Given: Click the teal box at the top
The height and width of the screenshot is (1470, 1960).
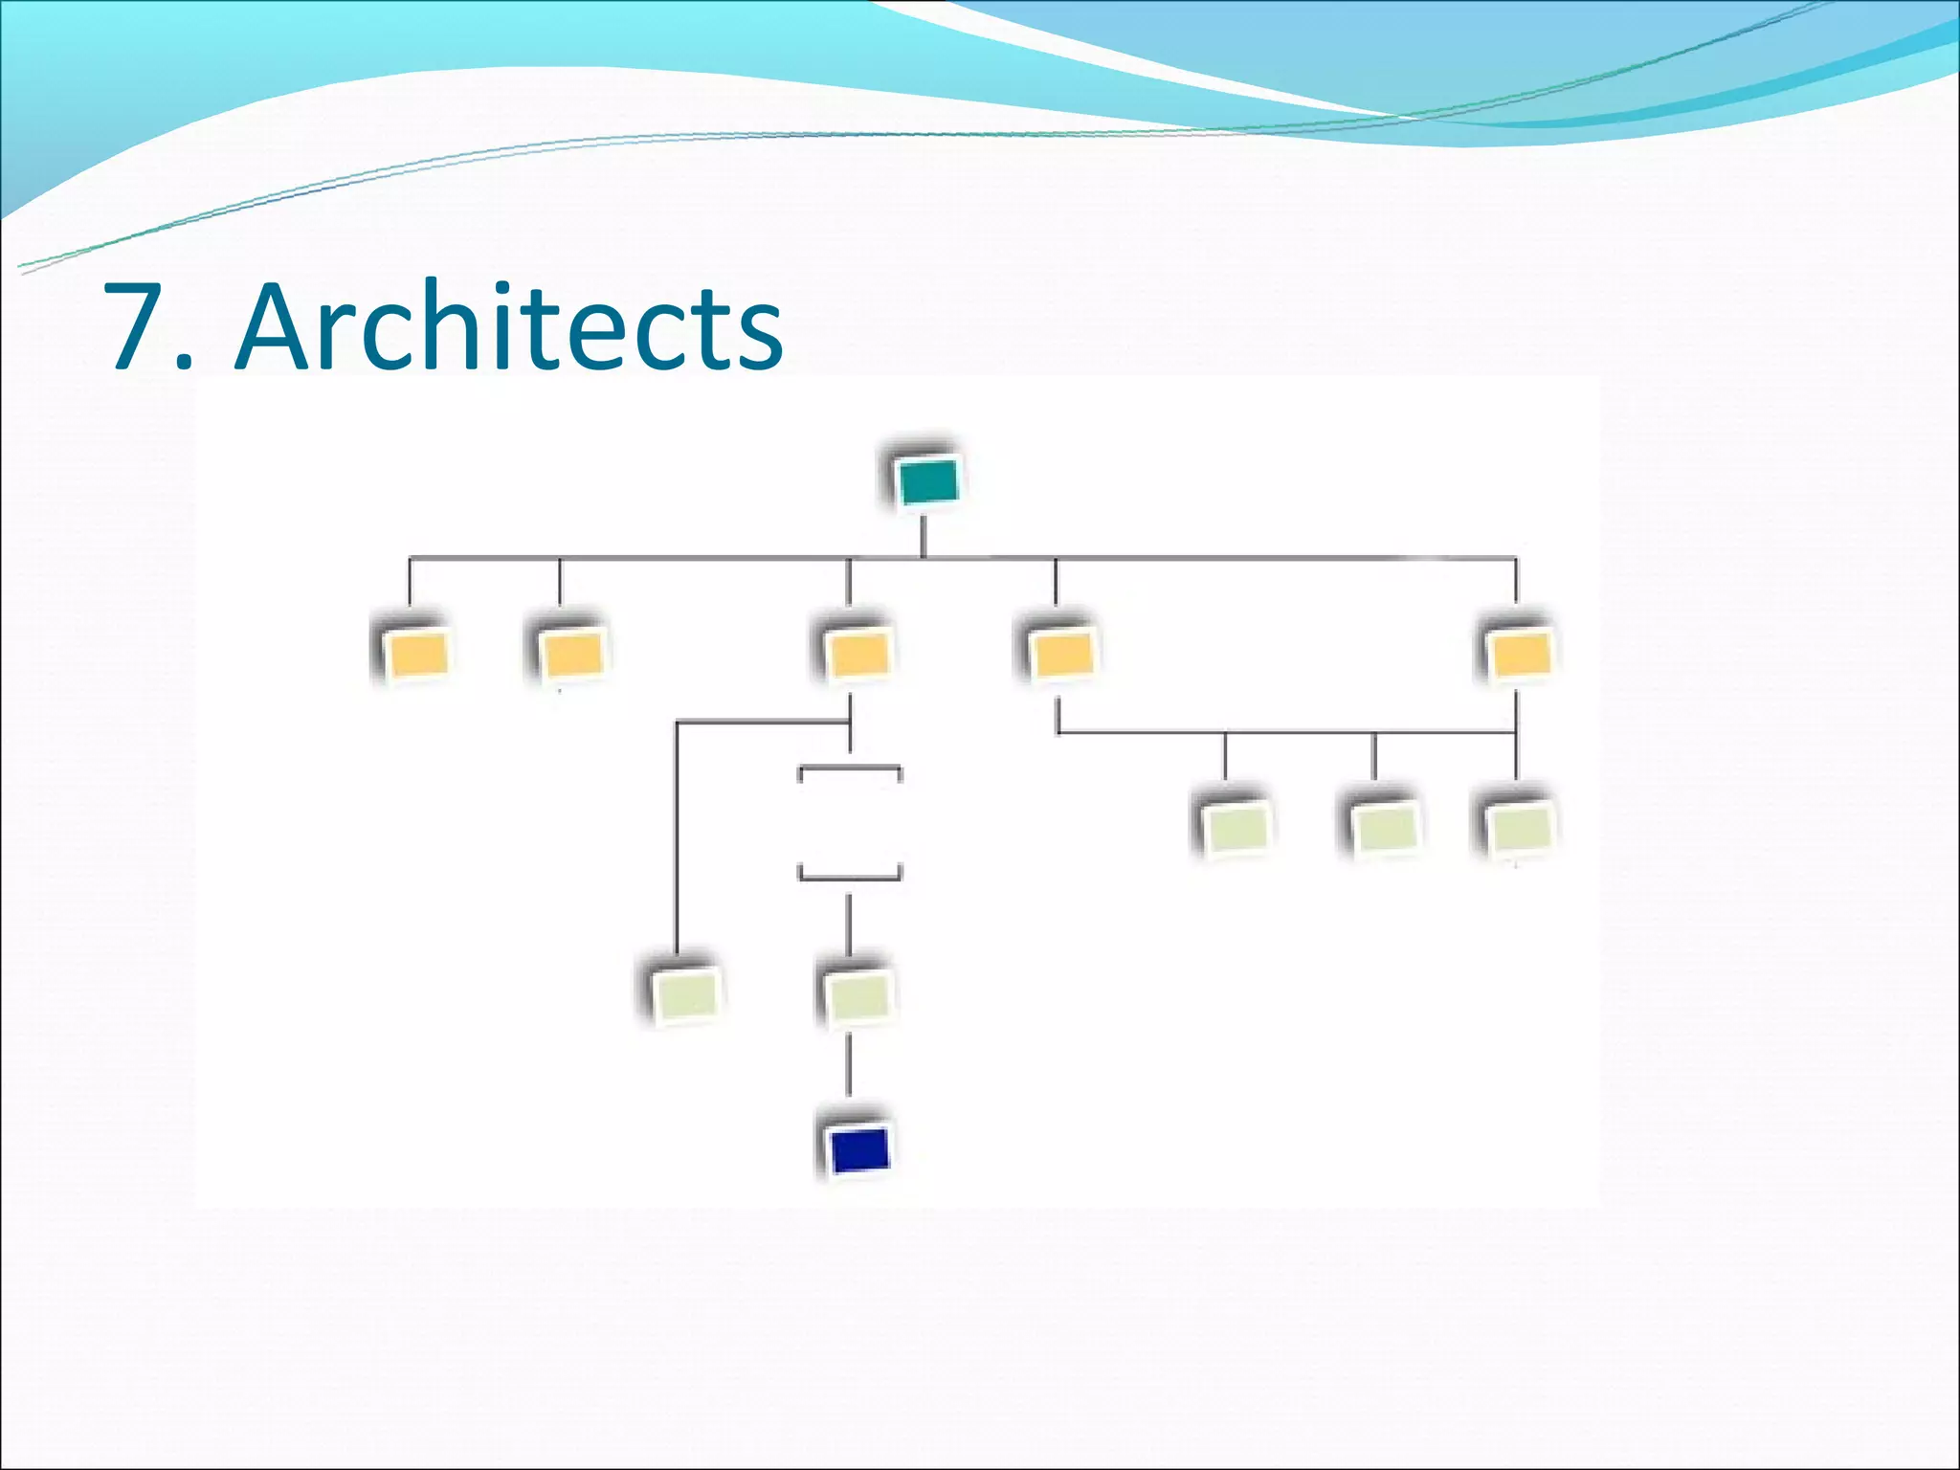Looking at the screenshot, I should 927,481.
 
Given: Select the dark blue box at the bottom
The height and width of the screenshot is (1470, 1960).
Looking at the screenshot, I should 859,1150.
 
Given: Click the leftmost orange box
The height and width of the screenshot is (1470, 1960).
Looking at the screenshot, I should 416,655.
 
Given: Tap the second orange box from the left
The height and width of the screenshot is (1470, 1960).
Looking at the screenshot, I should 572,655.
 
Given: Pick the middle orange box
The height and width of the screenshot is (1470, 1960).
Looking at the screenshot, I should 857,655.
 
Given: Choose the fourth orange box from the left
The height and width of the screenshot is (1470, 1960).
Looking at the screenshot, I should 1060,655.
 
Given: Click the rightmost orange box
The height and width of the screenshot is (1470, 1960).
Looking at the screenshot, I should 1520,655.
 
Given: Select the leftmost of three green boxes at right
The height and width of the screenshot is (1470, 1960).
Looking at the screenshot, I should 1236,826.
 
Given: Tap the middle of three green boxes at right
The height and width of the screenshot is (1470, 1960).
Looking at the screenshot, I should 1383,826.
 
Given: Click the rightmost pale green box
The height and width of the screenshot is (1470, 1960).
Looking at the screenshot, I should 1519,826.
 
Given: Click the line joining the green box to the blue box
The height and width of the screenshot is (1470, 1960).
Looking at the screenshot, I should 849,1065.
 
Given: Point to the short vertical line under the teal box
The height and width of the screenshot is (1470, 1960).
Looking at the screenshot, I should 923,537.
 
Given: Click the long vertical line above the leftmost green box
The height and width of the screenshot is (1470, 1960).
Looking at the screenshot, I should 677,842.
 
